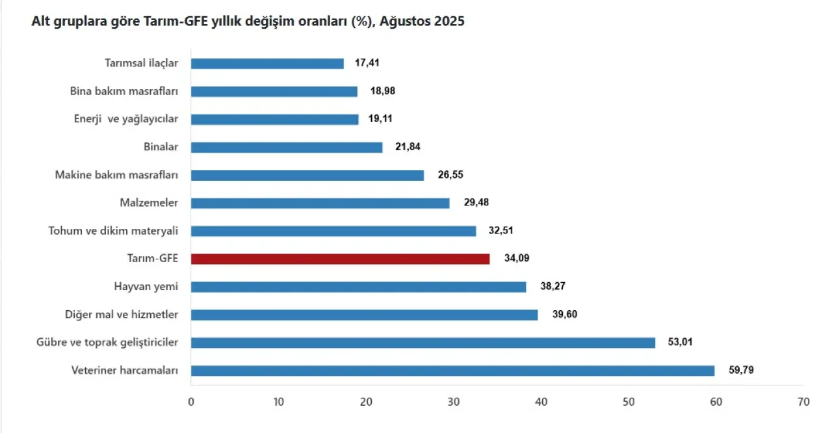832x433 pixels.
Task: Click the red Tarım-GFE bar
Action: (340, 259)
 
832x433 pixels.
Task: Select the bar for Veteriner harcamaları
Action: (452, 371)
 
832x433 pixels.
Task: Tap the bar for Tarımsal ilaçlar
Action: (267, 64)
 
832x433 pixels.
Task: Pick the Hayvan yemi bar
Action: (358, 287)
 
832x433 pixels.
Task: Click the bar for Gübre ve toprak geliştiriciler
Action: (422, 343)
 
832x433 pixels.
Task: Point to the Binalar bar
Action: (287, 148)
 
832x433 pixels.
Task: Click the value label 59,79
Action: (741, 371)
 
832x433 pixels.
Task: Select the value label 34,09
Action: (517, 259)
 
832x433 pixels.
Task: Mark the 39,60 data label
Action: (564, 315)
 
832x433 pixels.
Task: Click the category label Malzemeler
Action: (149, 203)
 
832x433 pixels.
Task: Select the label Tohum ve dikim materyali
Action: (113, 231)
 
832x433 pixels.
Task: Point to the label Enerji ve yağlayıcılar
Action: (126, 120)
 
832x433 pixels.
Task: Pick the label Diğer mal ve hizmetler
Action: (122, 315)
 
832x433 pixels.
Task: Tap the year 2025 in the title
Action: (450, 21)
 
